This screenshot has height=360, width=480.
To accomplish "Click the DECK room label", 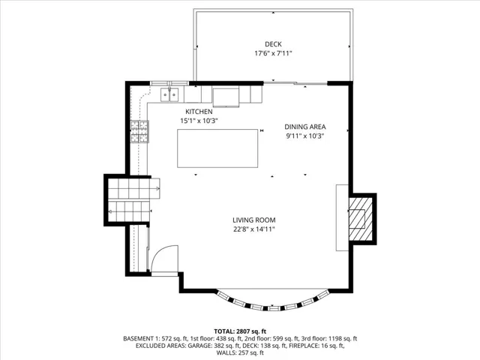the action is click(x=273, y=44).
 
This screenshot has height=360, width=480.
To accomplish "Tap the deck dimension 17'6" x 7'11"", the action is click(x=273, y=53).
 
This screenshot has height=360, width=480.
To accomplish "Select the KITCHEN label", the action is click(x=199, y=112).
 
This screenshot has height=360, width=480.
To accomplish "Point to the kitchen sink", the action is click(x=169, y=94).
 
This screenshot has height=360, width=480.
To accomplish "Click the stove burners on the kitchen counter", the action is click(x=140, y=132).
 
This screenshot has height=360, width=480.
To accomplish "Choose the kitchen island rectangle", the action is click(x=217, y=148).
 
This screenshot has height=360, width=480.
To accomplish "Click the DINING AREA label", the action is click(x=305, y=127).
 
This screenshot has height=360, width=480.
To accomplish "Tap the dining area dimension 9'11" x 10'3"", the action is click(x=305, y=136).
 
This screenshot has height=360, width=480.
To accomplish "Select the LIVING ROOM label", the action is click(x=254, y=220).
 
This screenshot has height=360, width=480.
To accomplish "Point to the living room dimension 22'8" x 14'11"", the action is click(x=254, y=229).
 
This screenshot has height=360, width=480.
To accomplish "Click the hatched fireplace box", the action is click(x=361, y=218).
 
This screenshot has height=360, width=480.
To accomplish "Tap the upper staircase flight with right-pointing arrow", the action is click(x=133, y=188).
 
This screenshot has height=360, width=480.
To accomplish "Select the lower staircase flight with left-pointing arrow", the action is click(x=129, y=211).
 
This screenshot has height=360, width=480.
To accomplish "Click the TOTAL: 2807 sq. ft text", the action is click(x=240, y=331).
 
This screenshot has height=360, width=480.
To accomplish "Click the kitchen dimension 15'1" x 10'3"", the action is click(x=199, y=121).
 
